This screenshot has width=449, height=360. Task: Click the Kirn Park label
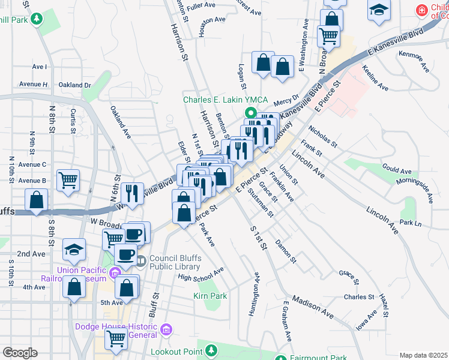tap(210, 296)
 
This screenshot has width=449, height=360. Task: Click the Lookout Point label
tap(176, 351)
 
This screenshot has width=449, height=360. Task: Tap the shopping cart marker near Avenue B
tap(68, 179)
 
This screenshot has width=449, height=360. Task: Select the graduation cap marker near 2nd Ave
tap(74, 249)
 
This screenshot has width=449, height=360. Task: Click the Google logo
tap(20, 353)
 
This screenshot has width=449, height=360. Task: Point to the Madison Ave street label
tap(312, 305)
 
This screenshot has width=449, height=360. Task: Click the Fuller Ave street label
tap(201, 5)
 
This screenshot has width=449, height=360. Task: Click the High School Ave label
tap(200, 274)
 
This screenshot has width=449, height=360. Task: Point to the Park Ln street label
tap(411, 223)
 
